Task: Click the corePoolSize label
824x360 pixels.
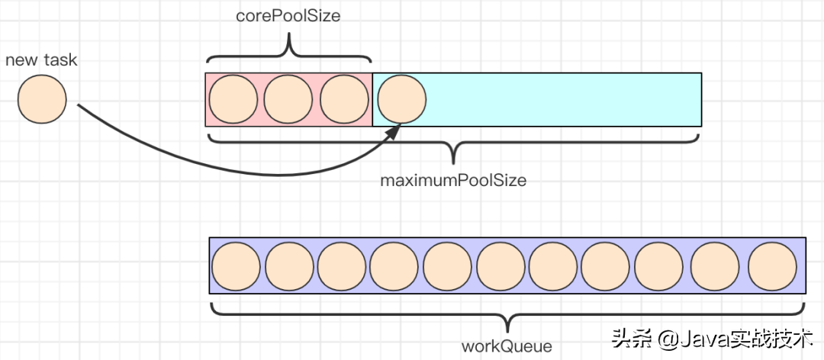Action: tap(288, 15)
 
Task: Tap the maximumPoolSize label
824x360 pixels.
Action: tap(453, 181)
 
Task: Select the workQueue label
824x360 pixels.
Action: tap(506, 346)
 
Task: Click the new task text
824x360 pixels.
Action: tap(41, 59)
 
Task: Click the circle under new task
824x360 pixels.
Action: tap(42, 99)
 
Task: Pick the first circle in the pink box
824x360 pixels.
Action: tap(233, 100)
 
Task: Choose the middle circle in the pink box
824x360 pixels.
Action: tap(288, 100)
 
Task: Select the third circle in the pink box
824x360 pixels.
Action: tap(344, 100)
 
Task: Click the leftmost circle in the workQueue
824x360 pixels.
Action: tap(236, 265)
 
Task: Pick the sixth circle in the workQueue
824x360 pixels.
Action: tap(501, 265)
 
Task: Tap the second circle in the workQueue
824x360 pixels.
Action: tap(290, 265)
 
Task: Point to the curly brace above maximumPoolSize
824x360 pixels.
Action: tap(453, 149)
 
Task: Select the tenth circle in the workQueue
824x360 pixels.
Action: tap(716, 265)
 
